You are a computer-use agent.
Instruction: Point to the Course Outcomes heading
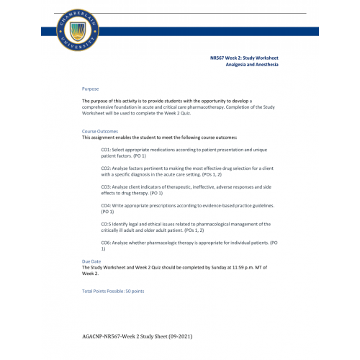99,132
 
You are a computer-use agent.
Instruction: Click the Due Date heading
91,261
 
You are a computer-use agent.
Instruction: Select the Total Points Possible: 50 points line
113,291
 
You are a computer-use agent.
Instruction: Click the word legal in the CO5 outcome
134,224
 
